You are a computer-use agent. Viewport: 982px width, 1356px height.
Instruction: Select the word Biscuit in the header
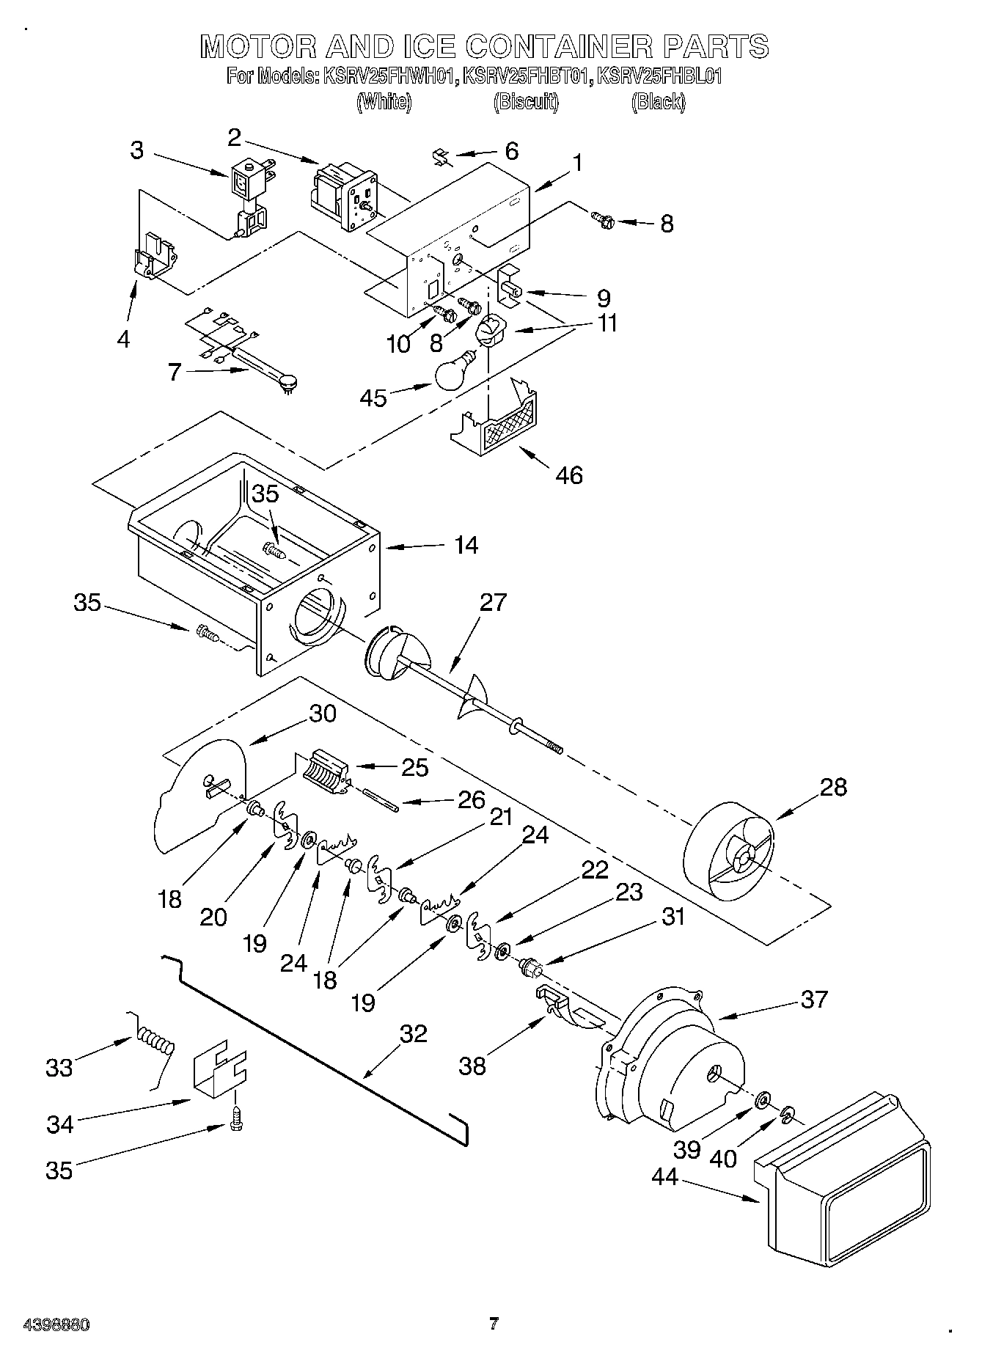tap(526, 102)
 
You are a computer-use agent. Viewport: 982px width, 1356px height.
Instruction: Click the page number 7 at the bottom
tap(494, 1324)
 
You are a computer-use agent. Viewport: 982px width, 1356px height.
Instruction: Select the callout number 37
tap(814, 999)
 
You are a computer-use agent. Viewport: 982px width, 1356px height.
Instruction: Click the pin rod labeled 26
tap(381, 799)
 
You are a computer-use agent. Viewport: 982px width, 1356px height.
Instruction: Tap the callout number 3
tap(137, 150)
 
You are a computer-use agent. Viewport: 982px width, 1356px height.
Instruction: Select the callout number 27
tap(493, 602)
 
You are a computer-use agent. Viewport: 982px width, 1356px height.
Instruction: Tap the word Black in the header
tap(658, 102)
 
